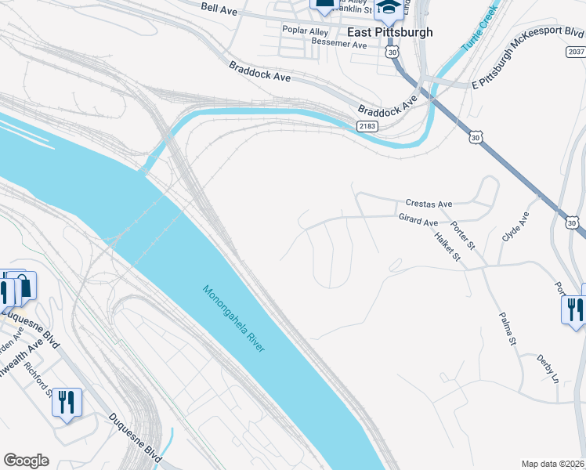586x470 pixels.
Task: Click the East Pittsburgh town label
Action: coord(389,32)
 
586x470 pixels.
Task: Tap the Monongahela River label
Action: coord(234,317)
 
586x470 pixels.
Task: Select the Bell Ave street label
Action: coord(219,8)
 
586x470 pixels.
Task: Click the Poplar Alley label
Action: coord(306,31)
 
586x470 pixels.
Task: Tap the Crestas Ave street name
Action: coord(429,204)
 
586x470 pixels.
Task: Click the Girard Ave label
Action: coord(418,222)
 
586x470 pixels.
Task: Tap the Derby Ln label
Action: coord(548,369)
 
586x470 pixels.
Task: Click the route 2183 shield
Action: coord(367,126)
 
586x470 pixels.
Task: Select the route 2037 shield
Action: coord(574,51)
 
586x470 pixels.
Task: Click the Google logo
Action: coord(26,461)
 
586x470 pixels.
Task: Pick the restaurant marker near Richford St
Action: coord(66,403)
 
